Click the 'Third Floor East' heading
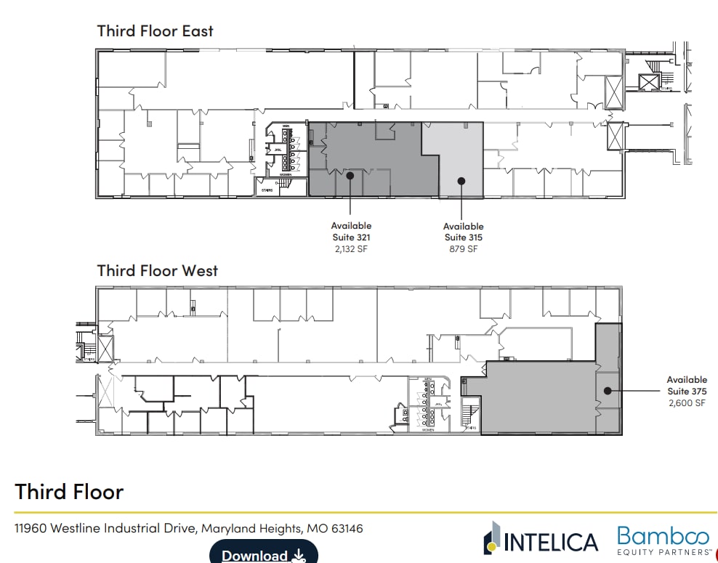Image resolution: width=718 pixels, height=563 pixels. [156, 31]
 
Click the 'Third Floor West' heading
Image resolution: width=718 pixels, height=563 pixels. [158, 271]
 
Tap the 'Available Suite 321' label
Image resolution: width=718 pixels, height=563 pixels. [351, 232]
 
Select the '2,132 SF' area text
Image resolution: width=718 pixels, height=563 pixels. [351, 249]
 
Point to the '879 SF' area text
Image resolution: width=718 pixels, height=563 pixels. [463, 249]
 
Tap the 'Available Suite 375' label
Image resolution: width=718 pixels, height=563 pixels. [686, 385]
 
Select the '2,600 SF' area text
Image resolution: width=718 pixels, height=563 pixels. [686, 402]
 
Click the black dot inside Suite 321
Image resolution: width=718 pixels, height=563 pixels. [350, 175]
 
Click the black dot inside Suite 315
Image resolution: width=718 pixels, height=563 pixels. [461, 180]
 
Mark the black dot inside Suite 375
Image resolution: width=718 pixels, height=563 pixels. [607, 390]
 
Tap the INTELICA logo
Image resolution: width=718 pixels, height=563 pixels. [541, 540]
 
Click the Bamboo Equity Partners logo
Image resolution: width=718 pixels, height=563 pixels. [663, 540]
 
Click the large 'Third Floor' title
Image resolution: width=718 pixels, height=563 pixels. [69, 492]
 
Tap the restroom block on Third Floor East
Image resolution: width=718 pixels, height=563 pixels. [285, 151]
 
